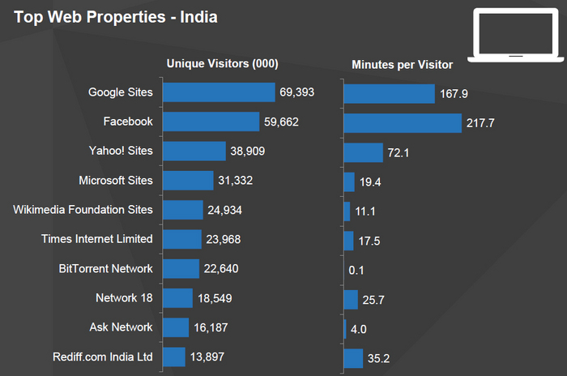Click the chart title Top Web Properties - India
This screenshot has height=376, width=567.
click(114, 16)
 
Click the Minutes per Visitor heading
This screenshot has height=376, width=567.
click(402, 64)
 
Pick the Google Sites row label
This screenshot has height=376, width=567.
click(120, 92)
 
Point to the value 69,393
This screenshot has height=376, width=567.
click(296, 92)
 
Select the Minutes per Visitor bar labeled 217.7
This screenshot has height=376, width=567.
click(403, 122)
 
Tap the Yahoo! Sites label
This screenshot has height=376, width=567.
click(121, 151)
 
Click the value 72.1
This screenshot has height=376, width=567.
click(401, 152)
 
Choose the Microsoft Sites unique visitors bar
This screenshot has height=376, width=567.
click(188, 180)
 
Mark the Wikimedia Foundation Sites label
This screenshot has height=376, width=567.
click(83, 209)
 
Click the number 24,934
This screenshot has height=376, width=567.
click(224, 211)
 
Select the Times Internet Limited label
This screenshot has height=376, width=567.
click(96, 238)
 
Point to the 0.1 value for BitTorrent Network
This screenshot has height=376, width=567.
click(356, 270)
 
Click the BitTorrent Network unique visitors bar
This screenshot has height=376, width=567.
click(181, 268)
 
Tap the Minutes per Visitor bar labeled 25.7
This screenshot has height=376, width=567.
click(351, 299)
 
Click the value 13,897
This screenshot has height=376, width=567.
click(207, 357)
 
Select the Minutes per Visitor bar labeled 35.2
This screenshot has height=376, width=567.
click(353, 357)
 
